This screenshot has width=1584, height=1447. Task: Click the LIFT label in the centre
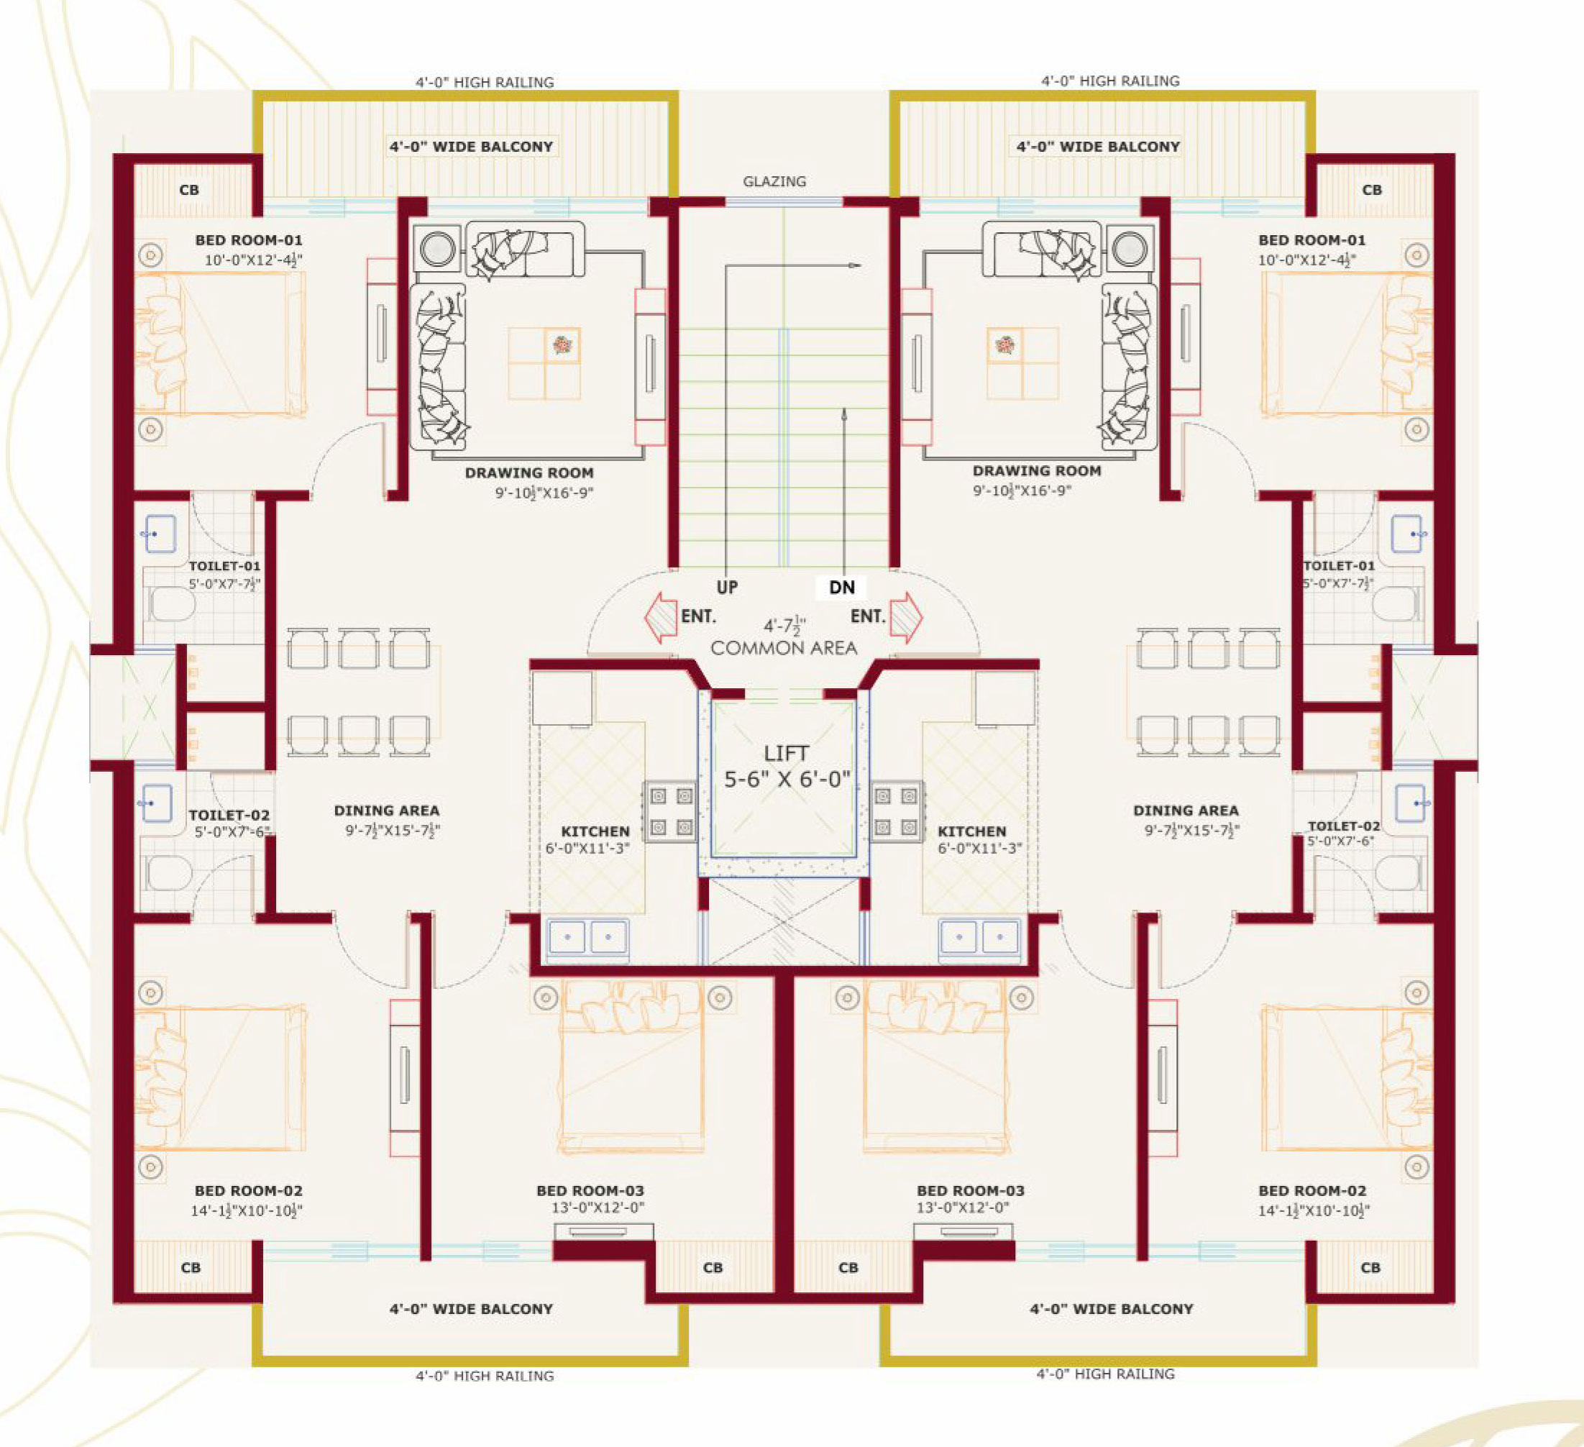click(x=786, y=753)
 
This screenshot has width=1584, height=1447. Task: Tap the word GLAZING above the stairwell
click(x=774, y=181)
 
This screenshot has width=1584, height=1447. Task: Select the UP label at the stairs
click(x=727, y=587)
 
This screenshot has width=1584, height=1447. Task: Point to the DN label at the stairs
click(x=841, y=587)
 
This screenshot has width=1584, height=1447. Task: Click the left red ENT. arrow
click(x=661, y=617)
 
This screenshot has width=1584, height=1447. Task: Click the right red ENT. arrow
click(x=907, y=617)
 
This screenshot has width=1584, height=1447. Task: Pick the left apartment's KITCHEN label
click(x=595, y=831)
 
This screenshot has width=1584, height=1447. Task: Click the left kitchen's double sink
click(x=587, y=937)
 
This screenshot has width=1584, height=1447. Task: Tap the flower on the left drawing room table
click(x=562, y=344)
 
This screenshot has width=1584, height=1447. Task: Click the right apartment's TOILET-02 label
click(x=1344, y=826)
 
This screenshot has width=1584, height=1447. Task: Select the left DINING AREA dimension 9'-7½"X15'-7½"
click(x=392, y=830)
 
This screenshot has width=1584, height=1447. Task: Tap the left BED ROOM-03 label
click(x=590, y=1191)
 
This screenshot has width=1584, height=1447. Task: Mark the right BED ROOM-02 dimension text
click(x=1313, y=1211)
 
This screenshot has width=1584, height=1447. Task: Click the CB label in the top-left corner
click(x=188, y=190)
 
